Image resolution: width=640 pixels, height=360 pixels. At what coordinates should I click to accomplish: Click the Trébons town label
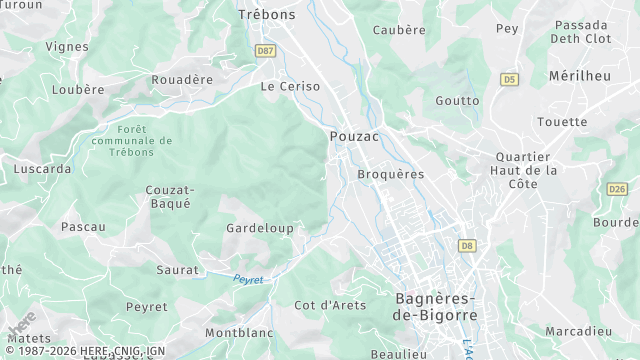click(x=267, y=14)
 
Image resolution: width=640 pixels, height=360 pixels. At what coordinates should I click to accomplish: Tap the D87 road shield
click(x=265, y=50)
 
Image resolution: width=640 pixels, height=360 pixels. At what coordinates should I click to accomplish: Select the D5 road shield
click(x=510, y=78)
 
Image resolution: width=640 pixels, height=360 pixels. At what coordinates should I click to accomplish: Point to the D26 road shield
click(x=617, y=189)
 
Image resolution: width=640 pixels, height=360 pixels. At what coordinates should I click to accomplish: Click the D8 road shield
click(x=467, y=245)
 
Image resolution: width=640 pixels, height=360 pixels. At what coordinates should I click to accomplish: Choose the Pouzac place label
click(x=354, y=137)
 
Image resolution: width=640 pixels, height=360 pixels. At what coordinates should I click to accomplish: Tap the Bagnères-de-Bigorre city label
click(x=437, y=306)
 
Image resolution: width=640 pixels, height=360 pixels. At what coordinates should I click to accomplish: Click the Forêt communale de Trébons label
click(x=131, y=141)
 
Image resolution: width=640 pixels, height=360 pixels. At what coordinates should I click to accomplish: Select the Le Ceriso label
click(x=290, y=87)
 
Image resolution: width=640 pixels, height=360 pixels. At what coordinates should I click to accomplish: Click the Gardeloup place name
click(x=260, y=229)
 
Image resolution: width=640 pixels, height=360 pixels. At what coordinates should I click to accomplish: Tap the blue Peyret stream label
click(x=248, y=280)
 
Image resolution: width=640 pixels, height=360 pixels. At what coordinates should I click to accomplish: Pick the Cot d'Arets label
click(x=330, y=305)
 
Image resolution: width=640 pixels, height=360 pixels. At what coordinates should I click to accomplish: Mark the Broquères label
click(x=390, y=174)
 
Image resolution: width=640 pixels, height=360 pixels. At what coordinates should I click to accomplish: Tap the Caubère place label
click(x=399, y=30)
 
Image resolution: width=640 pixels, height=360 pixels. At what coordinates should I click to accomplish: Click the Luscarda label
click(x=42, y=169)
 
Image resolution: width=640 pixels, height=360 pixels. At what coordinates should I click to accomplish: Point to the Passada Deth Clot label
click(x=582, y=31)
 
